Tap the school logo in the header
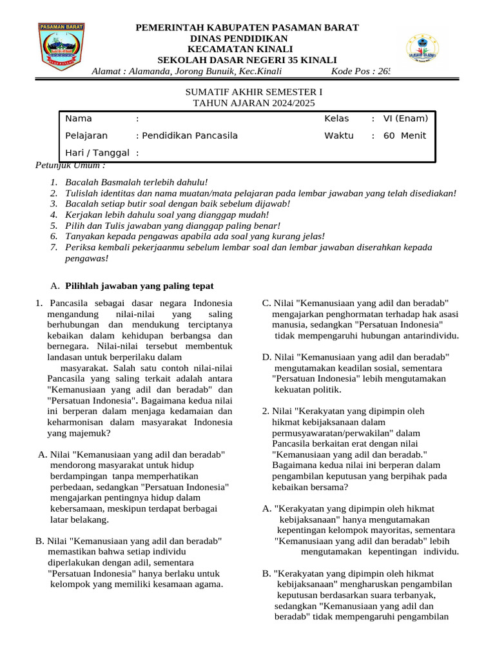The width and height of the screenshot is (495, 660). (423, 49)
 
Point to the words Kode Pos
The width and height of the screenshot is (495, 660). (352, 71)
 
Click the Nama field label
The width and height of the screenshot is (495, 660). (79, 119)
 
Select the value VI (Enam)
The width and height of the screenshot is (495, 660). (405, 119)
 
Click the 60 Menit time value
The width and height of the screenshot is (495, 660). (405, 136)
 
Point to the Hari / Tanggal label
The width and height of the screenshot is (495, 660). (97, 153)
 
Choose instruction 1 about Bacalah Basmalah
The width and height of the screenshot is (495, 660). (137, 183)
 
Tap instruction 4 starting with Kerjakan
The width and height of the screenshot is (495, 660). (167, 214)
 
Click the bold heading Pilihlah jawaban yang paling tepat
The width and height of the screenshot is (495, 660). (140, 286)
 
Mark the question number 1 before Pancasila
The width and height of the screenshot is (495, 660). (39, 304)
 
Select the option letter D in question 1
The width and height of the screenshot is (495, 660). (266, 357)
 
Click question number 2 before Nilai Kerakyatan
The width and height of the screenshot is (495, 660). (266, 411)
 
